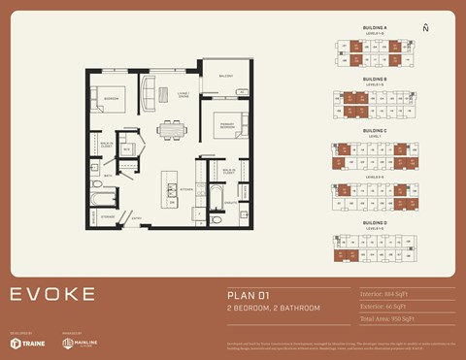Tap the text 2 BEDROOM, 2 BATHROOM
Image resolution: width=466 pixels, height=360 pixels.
pos(273,308)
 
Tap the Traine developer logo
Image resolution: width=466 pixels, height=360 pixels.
pos(28,343)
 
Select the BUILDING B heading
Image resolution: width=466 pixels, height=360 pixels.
pos(374,79)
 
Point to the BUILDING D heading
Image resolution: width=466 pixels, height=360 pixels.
pos(374,223)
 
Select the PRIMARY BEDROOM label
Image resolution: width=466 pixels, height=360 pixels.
pos(225,124)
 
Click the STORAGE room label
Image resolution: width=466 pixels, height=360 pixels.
pos(108,217)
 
